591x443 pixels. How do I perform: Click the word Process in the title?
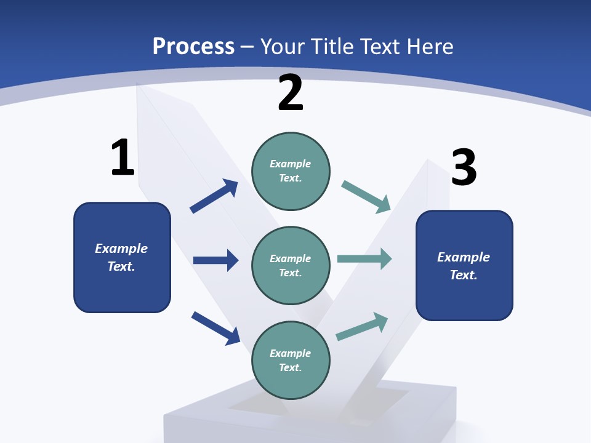point(193,46)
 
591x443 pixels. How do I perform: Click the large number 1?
point(122,158)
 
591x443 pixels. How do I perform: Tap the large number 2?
point(291,93)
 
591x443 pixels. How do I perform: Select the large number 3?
point(464,167)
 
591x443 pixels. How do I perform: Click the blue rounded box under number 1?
point(122,257)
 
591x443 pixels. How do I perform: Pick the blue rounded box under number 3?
point(464,265)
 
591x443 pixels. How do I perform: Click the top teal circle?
point(291,171)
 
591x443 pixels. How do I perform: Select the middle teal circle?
point(291,265)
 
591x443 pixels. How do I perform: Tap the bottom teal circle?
point(291,360)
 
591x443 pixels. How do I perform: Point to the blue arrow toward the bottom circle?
point(215,327)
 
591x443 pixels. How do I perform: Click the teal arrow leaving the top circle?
point(366,197)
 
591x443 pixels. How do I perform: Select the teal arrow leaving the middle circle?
point(364,259)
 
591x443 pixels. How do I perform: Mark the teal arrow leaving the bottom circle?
point(362,327)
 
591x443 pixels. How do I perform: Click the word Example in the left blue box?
point(121,249)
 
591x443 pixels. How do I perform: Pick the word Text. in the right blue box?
point(464,275)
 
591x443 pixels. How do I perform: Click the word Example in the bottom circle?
point(291,353)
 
